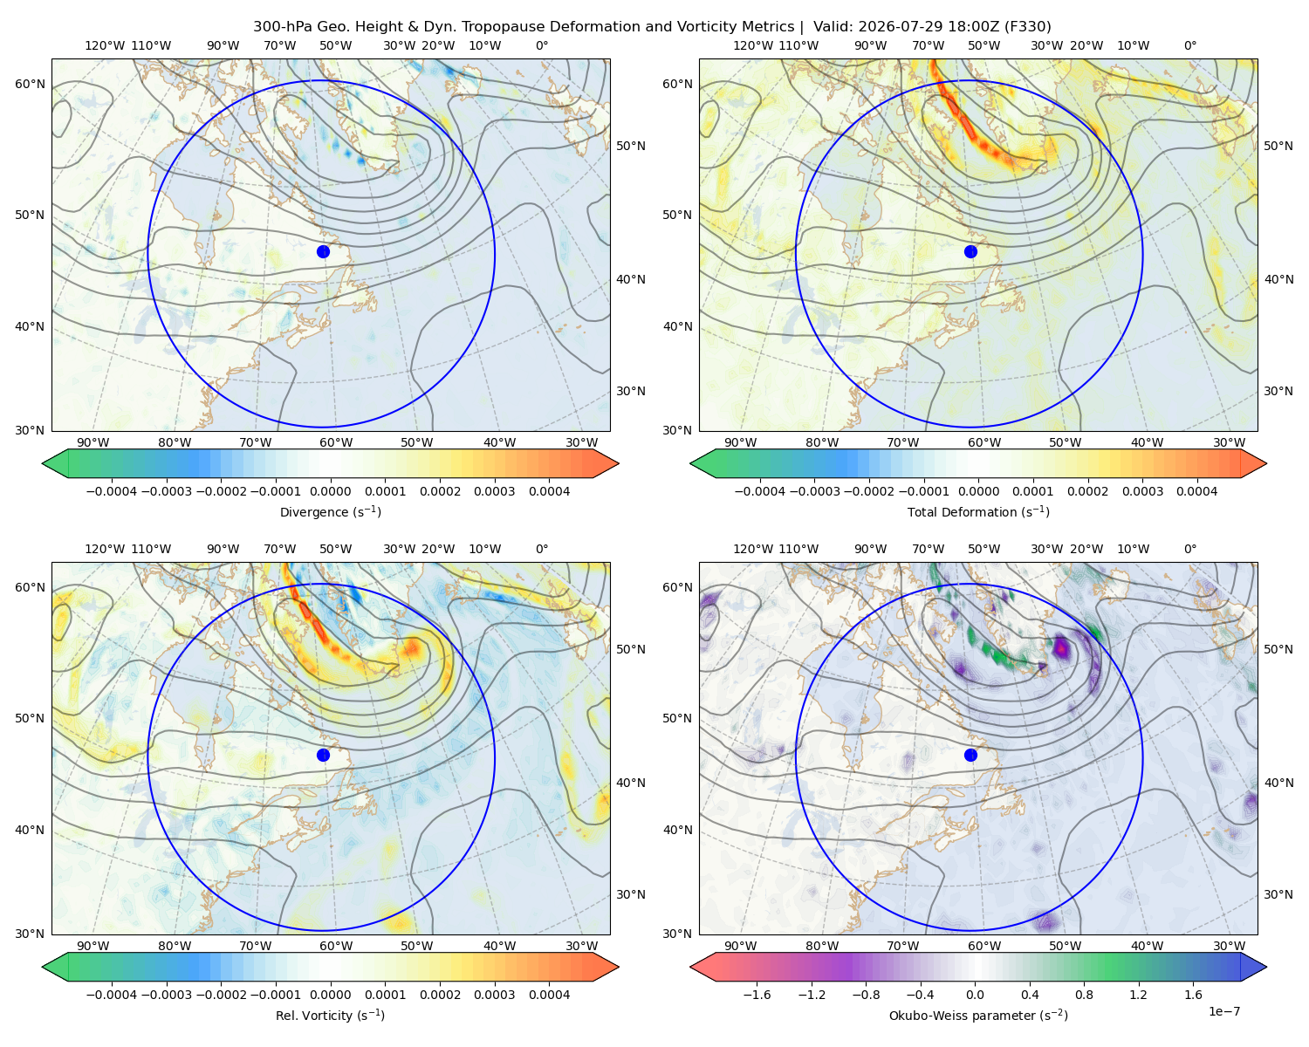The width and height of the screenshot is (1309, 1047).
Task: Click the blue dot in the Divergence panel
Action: tap(323, 251)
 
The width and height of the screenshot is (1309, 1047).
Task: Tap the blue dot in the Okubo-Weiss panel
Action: tap(970, 755)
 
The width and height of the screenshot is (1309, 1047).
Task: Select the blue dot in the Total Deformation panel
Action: tap(970, 251)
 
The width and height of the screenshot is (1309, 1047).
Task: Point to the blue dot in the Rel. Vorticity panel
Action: tap(323, 755)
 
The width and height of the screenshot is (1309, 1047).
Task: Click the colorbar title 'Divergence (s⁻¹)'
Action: tap(330, 511)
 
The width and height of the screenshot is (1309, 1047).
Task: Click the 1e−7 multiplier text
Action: tap(1223, 1011)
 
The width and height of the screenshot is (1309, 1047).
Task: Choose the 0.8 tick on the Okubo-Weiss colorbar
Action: tap(1084, 995)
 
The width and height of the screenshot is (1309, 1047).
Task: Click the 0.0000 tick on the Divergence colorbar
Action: tap(330, 491)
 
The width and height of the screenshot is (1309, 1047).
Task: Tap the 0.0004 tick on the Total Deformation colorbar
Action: tap(1197, 491)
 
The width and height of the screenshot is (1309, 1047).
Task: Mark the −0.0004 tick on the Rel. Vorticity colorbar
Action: tap(112, 995)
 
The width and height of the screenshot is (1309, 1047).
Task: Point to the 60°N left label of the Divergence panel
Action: tap(30, 84)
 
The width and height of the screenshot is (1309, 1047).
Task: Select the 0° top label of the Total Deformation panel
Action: tap(1190, 45)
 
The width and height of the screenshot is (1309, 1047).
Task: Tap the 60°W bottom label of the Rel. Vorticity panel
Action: tap(336, 946)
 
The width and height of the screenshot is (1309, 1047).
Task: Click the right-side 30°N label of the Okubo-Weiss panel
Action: tap(1278, 894)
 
